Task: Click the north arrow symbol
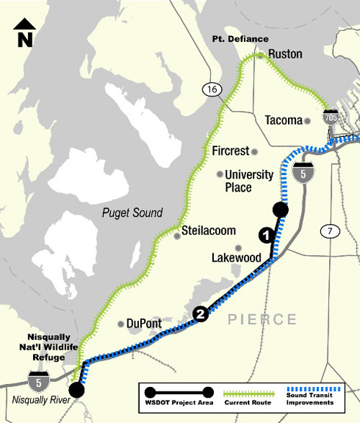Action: (25, 32)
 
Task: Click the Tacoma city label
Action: (284, 120)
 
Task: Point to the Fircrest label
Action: (230, 151)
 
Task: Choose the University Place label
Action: (249, 181)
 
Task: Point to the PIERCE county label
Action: (263, 319)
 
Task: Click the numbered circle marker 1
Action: (266, 235)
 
